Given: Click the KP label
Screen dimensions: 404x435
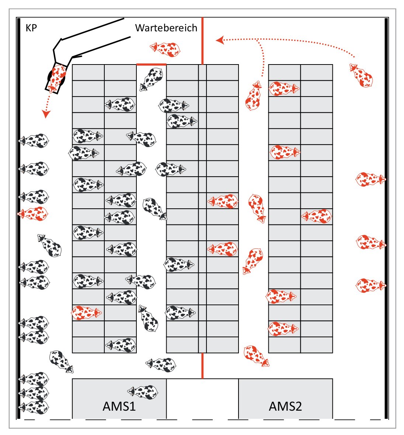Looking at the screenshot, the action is [x=31, y=28].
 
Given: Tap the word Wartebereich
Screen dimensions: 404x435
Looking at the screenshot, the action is [x=166, y=28].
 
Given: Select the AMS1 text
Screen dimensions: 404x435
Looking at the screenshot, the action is [x=119, y=406].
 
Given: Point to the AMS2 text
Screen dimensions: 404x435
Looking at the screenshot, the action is [x=285, y=406].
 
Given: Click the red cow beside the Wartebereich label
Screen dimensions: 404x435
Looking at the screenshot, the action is [x=165, y=49].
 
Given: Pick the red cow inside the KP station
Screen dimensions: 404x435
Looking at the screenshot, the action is [x=57, y=77].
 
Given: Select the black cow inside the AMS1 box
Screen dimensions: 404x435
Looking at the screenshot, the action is [x=143, y=392].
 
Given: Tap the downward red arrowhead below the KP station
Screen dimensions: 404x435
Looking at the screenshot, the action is [x=46, y=114].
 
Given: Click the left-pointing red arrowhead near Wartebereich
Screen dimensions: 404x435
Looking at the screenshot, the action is [x=220, y=40].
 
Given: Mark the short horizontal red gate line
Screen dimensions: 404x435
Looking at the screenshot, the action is [x=151, y=65].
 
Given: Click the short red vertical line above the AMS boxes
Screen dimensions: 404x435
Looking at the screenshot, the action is [x=202, y=366].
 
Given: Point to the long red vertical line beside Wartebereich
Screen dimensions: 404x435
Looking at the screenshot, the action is [x=202, y=41].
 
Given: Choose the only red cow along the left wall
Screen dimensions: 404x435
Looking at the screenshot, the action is [x=33, y=213].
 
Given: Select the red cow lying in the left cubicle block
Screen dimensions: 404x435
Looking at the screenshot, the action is [x=87, y=313].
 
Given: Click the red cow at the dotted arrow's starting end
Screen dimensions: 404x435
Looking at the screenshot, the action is [x=361, y=75].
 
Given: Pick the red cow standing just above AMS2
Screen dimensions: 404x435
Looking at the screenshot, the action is [x=257, y=356].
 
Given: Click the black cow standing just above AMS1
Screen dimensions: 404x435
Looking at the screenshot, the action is [x=161, y=365].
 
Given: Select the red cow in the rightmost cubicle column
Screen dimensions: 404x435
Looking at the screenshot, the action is [x=317, y=216].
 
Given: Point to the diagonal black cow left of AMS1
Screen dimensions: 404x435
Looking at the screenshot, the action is [x=62, y=362].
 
